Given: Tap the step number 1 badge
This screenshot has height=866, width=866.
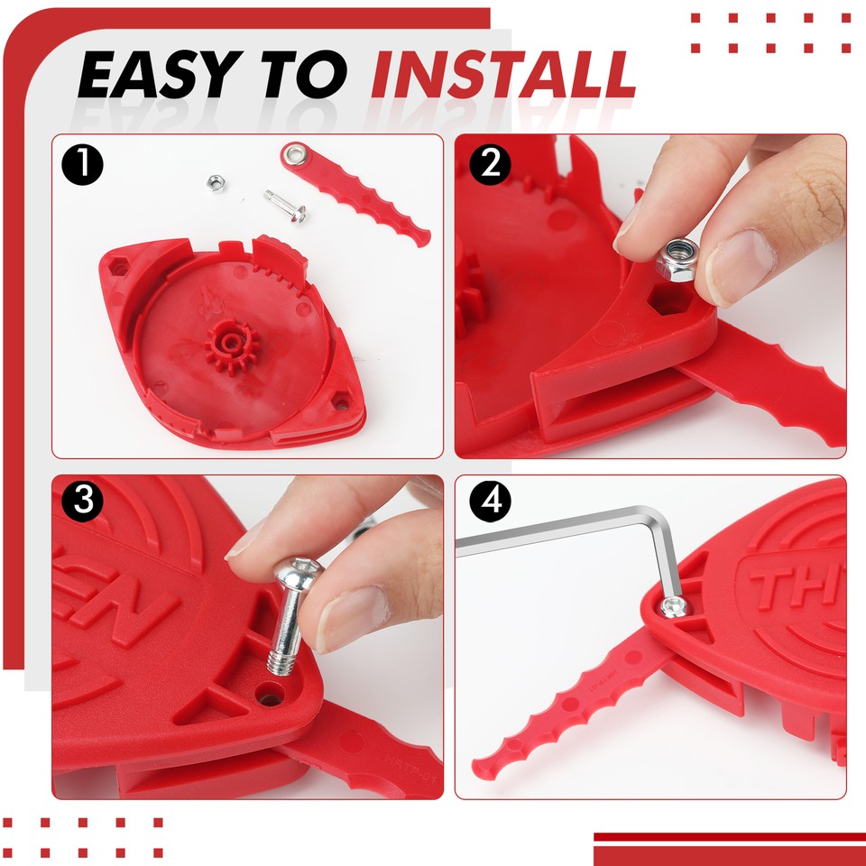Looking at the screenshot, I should click(83, 166).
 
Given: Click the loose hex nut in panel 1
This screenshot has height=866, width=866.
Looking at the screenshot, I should click(216, 182).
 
